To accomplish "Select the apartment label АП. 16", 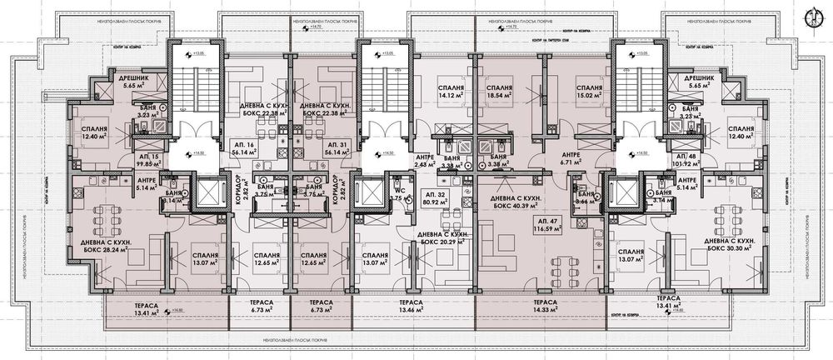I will [242, 143].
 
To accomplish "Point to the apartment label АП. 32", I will [455, 193].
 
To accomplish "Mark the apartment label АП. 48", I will [686, 156].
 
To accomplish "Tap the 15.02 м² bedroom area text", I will [589, 97].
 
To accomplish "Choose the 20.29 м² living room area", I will [450, 243].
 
